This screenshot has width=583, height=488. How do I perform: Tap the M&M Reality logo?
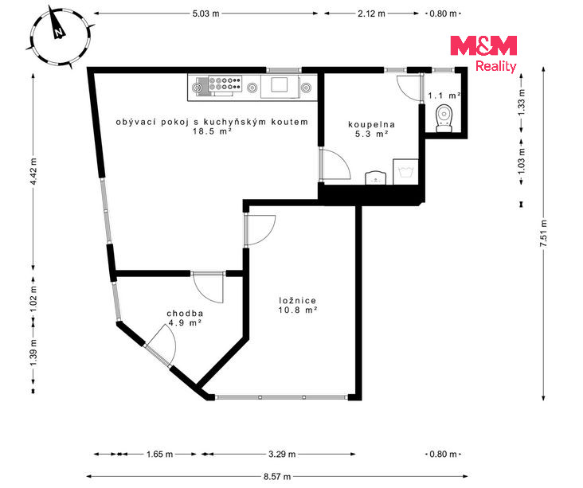click(x=483, y=54)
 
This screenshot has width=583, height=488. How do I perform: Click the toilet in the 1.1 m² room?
click(x=444, y=118)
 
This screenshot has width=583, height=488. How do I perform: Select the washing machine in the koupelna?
click(x=405, y=172)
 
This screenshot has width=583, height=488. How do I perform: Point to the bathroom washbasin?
click(x=376, y=178)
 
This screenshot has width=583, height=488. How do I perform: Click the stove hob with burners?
click(x=225, y=84)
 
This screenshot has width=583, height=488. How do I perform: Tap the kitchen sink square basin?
click(x=279, y=84)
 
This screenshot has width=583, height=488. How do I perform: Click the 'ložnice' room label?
click(x=297, y=301)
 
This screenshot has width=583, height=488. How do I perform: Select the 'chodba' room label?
click(x=185, y=314)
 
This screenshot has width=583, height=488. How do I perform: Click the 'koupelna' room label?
click(x=371, y=124)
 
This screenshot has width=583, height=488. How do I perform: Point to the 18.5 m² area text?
click(x=213, y=131)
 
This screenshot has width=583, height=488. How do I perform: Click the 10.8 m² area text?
click(x=297, y=310)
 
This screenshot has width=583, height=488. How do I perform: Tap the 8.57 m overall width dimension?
click(x=277, y=477)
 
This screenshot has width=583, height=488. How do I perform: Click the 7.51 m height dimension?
click(x=544, y=233)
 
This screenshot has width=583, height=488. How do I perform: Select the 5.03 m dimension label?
click(x=206, y=14)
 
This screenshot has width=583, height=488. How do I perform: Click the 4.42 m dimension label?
click(x=33, y=171)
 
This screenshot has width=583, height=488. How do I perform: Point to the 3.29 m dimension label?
click(x=282, y=455)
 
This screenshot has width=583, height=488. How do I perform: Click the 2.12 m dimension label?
click(x=371, y=14)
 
